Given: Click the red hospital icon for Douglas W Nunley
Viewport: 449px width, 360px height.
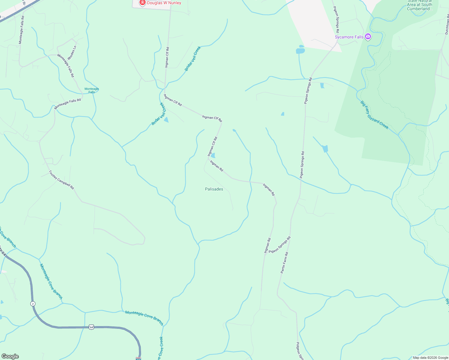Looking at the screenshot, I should pos(143,3).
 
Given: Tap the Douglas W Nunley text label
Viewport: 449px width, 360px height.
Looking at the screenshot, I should pos(164,3).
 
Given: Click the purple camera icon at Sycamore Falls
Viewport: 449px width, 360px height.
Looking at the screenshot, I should pos(368,37).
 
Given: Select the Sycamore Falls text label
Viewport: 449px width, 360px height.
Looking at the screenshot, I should pos(349,37).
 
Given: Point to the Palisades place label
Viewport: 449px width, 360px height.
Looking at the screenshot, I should pos(214,189).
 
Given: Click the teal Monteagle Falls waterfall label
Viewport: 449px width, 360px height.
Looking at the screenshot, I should pos(92,90).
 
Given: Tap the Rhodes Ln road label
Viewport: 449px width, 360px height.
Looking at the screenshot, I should pos(72,52).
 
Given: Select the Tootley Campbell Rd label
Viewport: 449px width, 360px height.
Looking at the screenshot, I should pos(61,180).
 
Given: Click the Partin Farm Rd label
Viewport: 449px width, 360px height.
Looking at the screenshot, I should pos(284,262).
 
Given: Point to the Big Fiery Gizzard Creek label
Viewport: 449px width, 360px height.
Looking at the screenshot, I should pos(374,115).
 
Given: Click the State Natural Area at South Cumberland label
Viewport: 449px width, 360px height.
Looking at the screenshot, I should pos(420,5).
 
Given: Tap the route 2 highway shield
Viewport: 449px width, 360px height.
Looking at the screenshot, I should pos(33,304).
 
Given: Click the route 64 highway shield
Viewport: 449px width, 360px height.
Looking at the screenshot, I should pos(92,327).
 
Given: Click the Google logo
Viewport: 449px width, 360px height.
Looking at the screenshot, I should pos(10,356).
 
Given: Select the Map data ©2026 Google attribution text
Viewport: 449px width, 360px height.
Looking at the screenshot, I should pos(430,358).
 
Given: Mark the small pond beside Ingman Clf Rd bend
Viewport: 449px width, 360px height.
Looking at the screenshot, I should pos(213,155).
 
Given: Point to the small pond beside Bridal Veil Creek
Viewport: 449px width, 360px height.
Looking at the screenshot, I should pos(166,120).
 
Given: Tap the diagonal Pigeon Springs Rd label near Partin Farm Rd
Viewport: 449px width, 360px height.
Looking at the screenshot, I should pos(279,245).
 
